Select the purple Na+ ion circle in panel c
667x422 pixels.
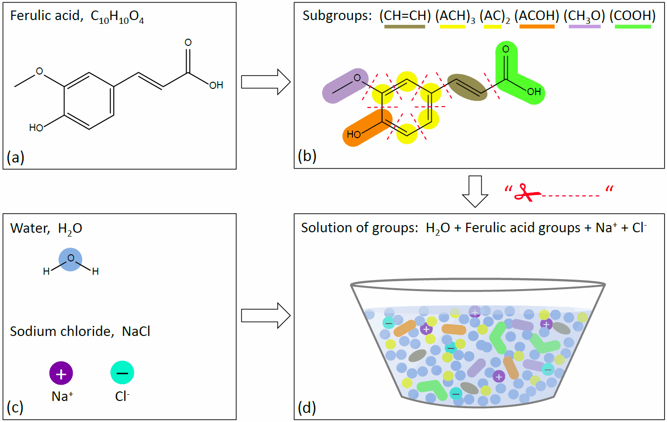click(x=61, y=373)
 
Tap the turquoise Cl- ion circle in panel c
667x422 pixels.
click(x=122, y=373)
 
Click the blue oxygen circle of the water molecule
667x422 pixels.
click(x=70, y=260)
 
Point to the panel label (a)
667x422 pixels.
click(x=16, y=156)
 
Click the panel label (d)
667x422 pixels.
click(x=306, y=408)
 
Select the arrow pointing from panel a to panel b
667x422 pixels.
click(x=265, y=82)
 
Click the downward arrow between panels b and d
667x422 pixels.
click(x=475, y=191)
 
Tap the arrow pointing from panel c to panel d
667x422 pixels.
click(x=265, y=315)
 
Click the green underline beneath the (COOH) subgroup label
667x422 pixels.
click(x=633, y=27)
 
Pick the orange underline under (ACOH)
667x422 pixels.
click(x=537, y=27)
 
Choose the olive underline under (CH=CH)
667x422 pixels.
click(x=405, y=27)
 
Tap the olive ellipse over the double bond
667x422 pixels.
click(x=467, y=87)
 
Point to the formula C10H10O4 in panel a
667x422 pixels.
click(x=117, y=17)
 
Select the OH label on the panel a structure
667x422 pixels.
click(x=216, y=85)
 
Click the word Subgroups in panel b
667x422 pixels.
click(x=337, y=16)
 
